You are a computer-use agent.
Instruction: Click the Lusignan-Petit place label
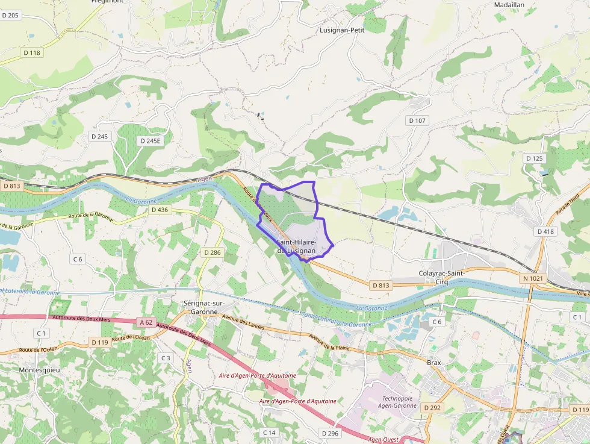[x=343, y=30]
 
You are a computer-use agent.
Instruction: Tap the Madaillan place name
[x=509, y=4]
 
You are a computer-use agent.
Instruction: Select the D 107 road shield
[x=417, y=120]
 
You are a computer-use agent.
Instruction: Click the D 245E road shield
[x=150, y=140]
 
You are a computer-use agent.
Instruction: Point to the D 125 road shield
[x=534, y=158]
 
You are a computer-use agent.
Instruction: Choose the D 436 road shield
[x=160, y=210]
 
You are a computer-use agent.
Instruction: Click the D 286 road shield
[x=212, y=252]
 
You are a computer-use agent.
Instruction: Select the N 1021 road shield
[x=532, y=278]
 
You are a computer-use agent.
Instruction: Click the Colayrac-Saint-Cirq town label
[x=442, y=277]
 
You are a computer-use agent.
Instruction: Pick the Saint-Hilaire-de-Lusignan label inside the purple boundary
[x=296, y=246]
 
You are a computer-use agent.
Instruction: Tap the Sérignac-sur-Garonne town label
[x=203, y=307]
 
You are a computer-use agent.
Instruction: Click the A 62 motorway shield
[x=145, y=322]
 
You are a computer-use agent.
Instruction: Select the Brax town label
[x=433, y=363]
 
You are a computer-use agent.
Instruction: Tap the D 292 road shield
[x=432, y=408]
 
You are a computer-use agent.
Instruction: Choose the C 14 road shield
[x=269, y=433]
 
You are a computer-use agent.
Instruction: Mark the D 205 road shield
[x=11, y=15]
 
